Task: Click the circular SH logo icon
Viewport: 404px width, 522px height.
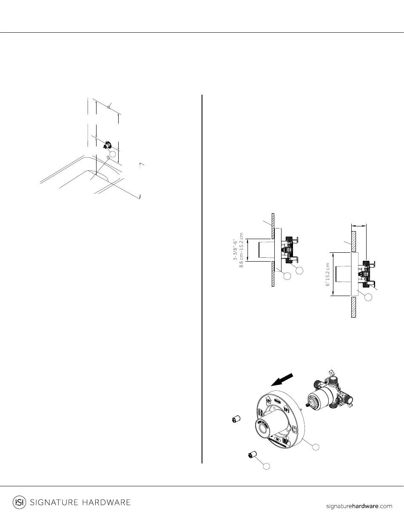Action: tap(19, 502)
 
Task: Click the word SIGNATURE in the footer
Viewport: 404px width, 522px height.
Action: tap(54, 502)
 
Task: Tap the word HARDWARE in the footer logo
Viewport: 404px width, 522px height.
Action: tap(107, 502)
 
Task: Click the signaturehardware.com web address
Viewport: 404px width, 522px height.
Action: tap(359, 506)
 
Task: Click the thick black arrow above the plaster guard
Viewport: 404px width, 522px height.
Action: tap(282, 380)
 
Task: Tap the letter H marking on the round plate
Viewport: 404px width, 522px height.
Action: tap(260, 413)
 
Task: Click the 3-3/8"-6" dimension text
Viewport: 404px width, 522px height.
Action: tap(236, 250)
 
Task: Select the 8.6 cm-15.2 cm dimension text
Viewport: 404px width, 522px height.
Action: tap(242, 250)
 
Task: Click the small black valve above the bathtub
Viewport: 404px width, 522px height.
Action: tap(107, 145)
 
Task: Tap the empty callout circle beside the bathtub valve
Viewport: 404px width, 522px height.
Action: tap(113, 154)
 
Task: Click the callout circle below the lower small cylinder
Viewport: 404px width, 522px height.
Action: tap(266, 466)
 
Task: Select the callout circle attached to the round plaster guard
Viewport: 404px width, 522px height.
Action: tap(316, 447)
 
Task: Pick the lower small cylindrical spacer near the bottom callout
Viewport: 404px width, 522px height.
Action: tap(252, 454)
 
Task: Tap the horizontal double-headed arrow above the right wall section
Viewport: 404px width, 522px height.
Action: tap(359, 226)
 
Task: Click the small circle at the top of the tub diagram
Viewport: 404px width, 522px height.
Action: tap(109, 107)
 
